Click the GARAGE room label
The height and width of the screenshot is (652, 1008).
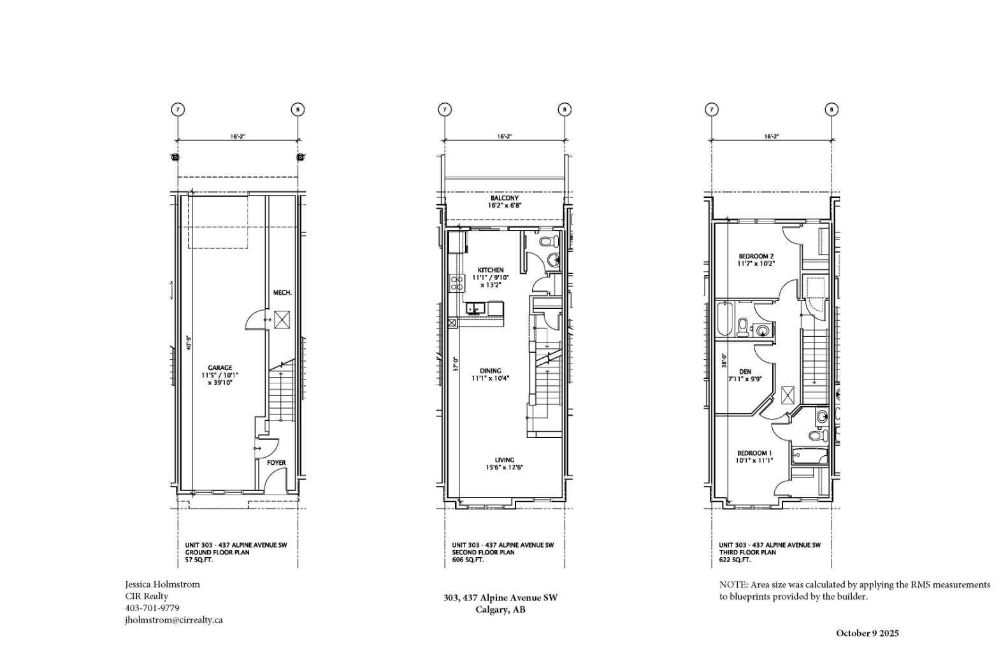coord(220,367)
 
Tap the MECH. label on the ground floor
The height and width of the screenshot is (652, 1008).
coord(282,293)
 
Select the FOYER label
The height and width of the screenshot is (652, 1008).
coord(276,463)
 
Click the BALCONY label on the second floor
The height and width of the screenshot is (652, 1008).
coord(504,199)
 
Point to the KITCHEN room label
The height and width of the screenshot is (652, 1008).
coord(491,270)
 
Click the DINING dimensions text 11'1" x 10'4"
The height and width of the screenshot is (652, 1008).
coord(491,378)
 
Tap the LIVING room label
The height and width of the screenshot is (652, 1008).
coord(504,460)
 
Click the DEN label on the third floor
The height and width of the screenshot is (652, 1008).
coord(745,372)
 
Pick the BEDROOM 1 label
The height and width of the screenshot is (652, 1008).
coord(754,453)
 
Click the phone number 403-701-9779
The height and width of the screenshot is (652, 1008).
coord(152,608)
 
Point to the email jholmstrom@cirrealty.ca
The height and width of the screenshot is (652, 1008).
coord(173,620)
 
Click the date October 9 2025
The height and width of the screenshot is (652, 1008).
coord(867,633)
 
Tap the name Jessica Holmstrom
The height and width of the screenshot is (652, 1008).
coord(162,584)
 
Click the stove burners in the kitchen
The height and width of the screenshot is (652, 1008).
coord(456,282)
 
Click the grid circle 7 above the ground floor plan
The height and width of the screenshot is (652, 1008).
coord(178,110)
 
